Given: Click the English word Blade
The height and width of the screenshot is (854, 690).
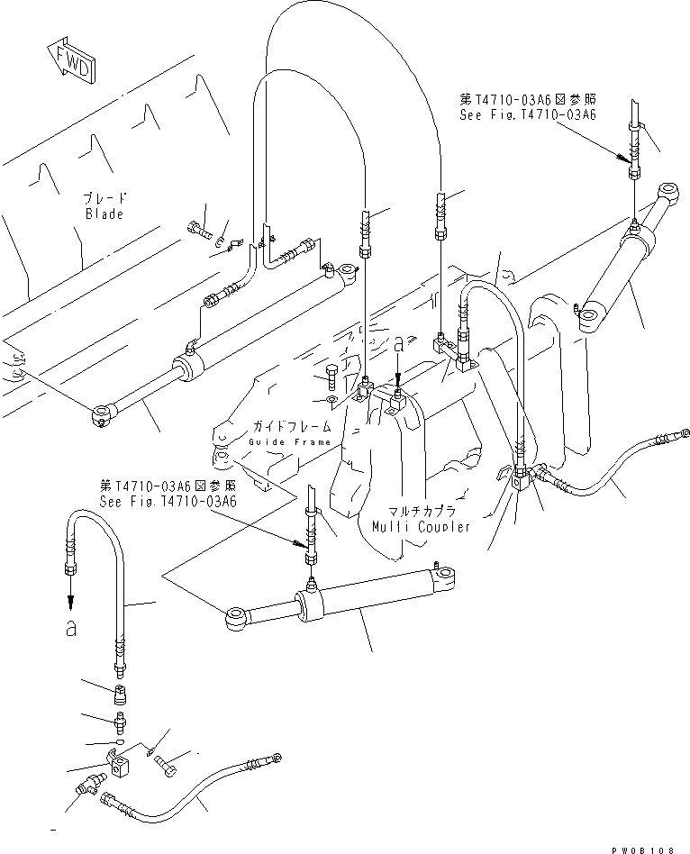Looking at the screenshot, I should click(104, 214).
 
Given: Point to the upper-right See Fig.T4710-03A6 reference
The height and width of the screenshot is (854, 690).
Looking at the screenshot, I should click(528, 115).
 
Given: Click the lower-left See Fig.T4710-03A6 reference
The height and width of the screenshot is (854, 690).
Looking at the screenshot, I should click(168, 502).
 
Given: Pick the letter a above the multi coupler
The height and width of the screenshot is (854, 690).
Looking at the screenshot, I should click(399, 344).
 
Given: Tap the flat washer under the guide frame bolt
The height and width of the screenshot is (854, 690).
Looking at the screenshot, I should click(331, 397).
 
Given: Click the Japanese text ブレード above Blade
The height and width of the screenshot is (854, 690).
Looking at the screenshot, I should click(104, 198).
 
